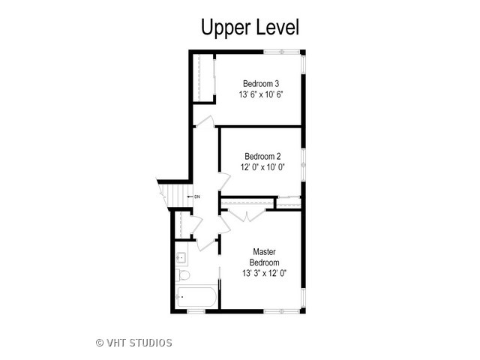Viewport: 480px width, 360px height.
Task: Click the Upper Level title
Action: [x=250, y=28]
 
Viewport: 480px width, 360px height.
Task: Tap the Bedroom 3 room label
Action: [x=261, y=83]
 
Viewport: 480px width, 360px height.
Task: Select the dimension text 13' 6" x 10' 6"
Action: [x=261, y=94]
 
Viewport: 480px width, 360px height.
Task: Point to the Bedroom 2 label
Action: [x=262, y=157]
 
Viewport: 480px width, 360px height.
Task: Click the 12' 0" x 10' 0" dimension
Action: [x=262, y=167]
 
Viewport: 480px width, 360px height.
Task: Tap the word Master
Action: [x=264, y=252]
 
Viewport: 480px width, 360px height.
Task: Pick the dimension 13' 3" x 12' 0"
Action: [x=264, y=273]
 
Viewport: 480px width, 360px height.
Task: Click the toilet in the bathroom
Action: [x=183, y=275]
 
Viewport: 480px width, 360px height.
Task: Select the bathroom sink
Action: [x=181, y=258]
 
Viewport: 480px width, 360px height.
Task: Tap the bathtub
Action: [x=196, y=297]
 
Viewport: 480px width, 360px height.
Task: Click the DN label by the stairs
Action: [x=197, y=196]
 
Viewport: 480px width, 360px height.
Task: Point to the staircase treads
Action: [x=175, y=195]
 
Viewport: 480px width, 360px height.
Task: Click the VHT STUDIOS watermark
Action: [x=139, y=343]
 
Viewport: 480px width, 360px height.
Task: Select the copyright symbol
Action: [x=100, y=343]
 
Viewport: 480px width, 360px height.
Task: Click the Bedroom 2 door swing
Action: [x=224, y=181]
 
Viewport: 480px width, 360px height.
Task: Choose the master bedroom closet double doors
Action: [x=247, y=214]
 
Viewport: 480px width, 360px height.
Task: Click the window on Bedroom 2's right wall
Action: [x=303, y=165]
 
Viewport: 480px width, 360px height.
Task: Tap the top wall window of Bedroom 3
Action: [x=282, y=52]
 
